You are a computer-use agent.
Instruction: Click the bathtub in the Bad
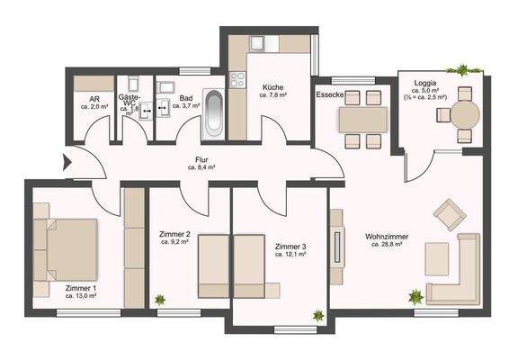click(x=213, y=112)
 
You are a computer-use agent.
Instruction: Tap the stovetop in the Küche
click(x=238, y=80)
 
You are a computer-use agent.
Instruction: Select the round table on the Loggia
click(x=465, y=114)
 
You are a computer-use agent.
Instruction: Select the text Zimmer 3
click(x=290, y=246)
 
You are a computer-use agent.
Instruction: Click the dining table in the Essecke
click(x=363, y=119)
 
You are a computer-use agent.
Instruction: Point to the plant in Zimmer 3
click(x=318, y=315)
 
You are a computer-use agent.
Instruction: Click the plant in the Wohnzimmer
click(x=415, y=296)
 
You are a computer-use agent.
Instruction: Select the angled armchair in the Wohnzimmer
click(x=447, y=214)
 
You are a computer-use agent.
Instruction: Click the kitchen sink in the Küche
click(x=256, y=42)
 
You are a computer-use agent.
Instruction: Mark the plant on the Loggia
click(x=463, y=69)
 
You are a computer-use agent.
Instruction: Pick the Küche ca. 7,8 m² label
click(x=272, y=91)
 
